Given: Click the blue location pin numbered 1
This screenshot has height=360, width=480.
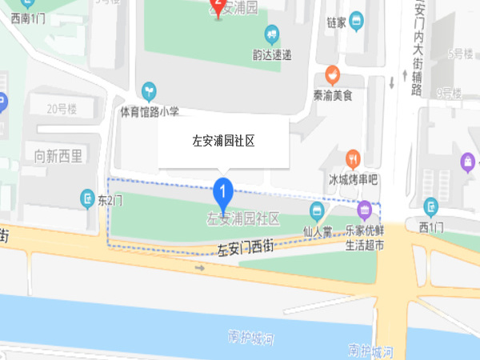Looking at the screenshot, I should point(222,193).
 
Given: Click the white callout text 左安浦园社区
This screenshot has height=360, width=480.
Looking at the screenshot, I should point(223,141).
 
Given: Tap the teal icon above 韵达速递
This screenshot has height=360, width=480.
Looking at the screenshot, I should point(271,35).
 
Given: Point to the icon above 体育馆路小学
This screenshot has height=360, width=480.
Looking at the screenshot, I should point(148,90).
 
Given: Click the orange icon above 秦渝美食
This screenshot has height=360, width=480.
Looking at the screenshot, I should point(332,74).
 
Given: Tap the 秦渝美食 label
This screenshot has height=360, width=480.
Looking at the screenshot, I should point(333,95).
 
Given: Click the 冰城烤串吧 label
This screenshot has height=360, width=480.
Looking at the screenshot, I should point(353,178).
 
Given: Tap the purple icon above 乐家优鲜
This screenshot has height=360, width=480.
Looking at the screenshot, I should point(364,210).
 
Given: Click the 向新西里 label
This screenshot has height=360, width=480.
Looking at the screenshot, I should point(58,155).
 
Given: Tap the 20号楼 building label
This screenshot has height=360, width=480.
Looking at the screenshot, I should point(61,110).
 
